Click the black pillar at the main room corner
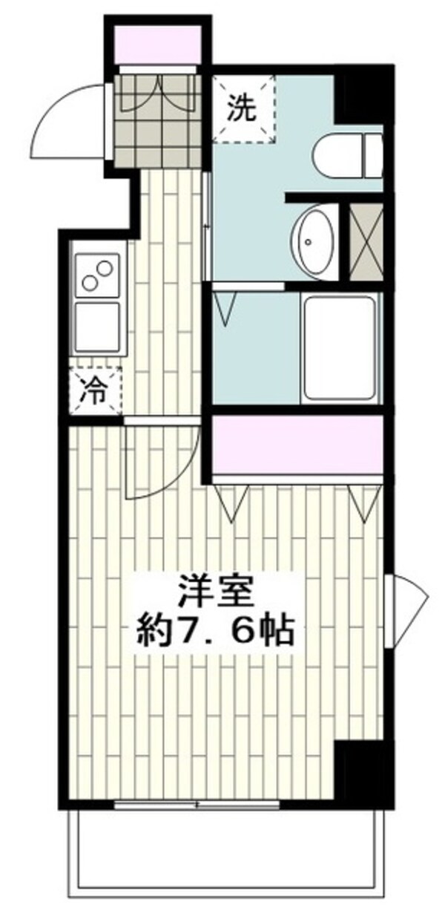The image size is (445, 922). (360, 772)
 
